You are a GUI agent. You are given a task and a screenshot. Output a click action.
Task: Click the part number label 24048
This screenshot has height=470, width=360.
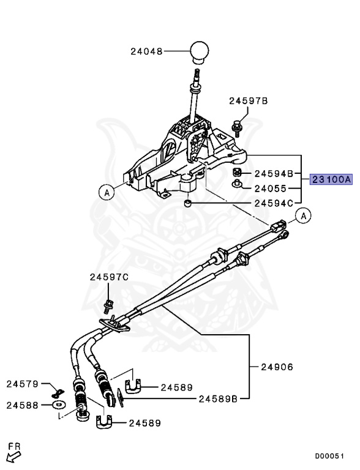click(x=146, y=51)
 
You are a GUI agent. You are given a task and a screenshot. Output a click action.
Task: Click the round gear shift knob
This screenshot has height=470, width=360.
click(x=199, y=52)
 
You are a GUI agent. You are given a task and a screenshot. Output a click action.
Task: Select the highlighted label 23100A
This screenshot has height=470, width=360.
click(x=331, y=179)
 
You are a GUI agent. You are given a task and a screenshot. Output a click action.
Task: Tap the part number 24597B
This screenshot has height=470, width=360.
click(x=249, y=101)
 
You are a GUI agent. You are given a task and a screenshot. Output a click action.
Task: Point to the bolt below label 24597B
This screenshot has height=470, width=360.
click(x=237, y=128)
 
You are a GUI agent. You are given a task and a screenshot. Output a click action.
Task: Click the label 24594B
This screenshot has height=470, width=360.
click(x=274, y=173)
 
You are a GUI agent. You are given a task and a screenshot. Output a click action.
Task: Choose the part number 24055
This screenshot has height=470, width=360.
click(x=271, y=188)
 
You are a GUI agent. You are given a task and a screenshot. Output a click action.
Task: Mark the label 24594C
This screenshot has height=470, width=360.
click(x=274, y=204)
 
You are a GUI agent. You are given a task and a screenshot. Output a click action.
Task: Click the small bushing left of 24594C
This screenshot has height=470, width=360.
click(x=188, y=204)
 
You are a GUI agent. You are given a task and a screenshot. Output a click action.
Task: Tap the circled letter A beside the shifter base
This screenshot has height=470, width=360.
click(x=107, y=192)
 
